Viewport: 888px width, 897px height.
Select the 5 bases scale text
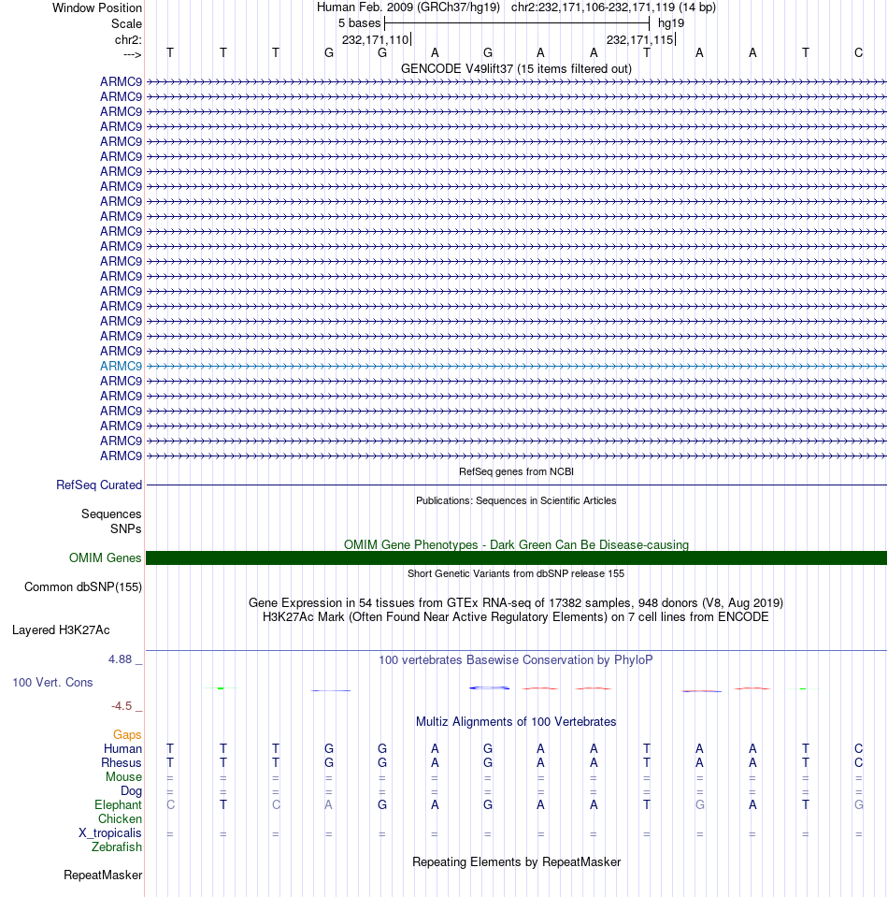359,22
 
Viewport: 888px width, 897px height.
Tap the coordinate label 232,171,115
639,39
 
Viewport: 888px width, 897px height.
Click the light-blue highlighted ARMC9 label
121,366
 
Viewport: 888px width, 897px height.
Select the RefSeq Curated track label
99,485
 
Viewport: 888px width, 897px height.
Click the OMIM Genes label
105,558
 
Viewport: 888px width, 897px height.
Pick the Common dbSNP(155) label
82,587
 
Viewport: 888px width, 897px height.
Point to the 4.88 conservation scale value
123,659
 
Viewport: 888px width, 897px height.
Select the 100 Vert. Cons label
52,683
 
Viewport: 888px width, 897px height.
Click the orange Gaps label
127,735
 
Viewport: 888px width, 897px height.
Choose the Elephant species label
118,805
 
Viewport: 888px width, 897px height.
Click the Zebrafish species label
117,847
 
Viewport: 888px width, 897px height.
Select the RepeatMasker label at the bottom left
103,875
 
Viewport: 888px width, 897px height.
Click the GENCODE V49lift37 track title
516,68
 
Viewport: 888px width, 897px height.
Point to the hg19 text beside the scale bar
671,22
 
